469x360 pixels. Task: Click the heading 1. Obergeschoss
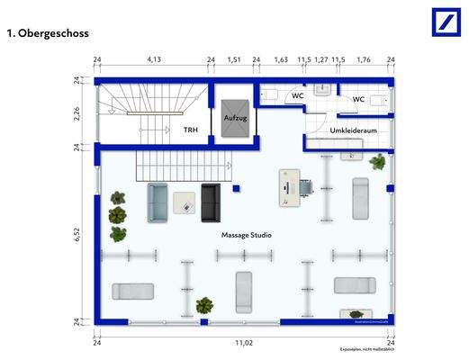coord(47,33)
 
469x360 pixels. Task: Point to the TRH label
coord(190,130)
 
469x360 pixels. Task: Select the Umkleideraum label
coord(352,131)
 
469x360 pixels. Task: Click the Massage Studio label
coord(247,235)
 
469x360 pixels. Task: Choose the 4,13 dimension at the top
coord(154,60)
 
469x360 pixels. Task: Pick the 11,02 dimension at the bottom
coord(243,343)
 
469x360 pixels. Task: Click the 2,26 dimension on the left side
coord(78,112)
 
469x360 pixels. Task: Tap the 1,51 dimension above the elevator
coord(234,60)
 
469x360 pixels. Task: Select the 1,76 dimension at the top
coord(364,60)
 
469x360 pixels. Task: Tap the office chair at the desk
coord(308,186)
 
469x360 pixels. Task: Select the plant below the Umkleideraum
coord(378,163)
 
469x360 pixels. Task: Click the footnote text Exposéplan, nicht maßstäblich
coord(364,349)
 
